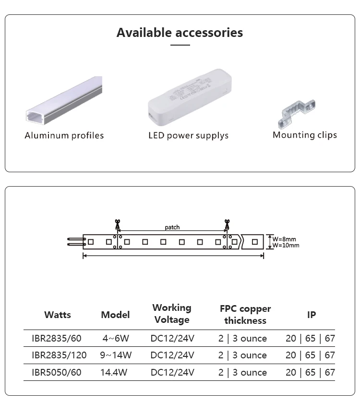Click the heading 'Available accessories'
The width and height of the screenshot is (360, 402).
pos(180,33)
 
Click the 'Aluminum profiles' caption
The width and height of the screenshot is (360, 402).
pos(64,136)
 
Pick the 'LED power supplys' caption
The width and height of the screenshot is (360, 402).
pos(188,136)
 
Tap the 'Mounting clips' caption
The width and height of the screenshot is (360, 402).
pos(305,135)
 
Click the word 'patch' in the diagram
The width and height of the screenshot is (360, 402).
pos(172,227)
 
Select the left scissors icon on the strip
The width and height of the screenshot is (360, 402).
pos(116,225)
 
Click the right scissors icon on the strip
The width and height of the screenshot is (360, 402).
pos(227,225)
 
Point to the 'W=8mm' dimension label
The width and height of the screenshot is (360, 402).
pos(284,238)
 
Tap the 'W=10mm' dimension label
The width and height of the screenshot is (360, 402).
pos(286,245)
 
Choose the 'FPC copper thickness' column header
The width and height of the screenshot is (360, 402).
pos(245,314)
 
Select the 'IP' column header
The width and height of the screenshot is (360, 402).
pos(312,315)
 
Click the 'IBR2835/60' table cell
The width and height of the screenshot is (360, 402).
pos(57,338)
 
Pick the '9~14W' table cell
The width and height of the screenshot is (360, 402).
pos(115,355)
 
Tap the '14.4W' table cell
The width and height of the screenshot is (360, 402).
pos(115,372)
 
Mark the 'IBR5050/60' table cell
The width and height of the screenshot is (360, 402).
pos(57,372)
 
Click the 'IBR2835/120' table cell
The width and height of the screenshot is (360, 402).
pos(59,355)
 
